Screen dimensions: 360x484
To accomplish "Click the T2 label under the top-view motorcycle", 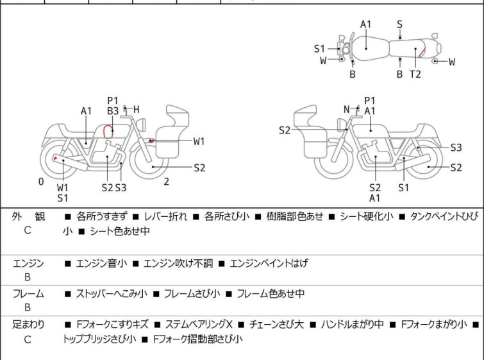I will coord(415,74).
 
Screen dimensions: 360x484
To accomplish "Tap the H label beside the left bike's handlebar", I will coord(136,109).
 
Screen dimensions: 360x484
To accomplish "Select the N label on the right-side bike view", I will coord(347,109).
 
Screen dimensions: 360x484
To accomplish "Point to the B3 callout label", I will coord(113,111).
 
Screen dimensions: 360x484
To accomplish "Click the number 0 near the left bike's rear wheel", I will coord(41,182).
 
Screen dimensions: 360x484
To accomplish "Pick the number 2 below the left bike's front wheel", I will coord(166,182).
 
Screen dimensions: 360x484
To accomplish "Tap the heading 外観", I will coord(28,216).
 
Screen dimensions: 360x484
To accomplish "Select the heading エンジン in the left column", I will coord(28,263).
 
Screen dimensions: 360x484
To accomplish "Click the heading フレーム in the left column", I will coord(28,294).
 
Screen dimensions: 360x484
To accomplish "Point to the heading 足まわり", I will coord(28,325).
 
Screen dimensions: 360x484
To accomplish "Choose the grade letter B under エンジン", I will coord(28,278).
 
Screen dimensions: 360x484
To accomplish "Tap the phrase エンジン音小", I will coord(101,263).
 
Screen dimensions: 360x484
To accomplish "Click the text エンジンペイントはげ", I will coord(269,263).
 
